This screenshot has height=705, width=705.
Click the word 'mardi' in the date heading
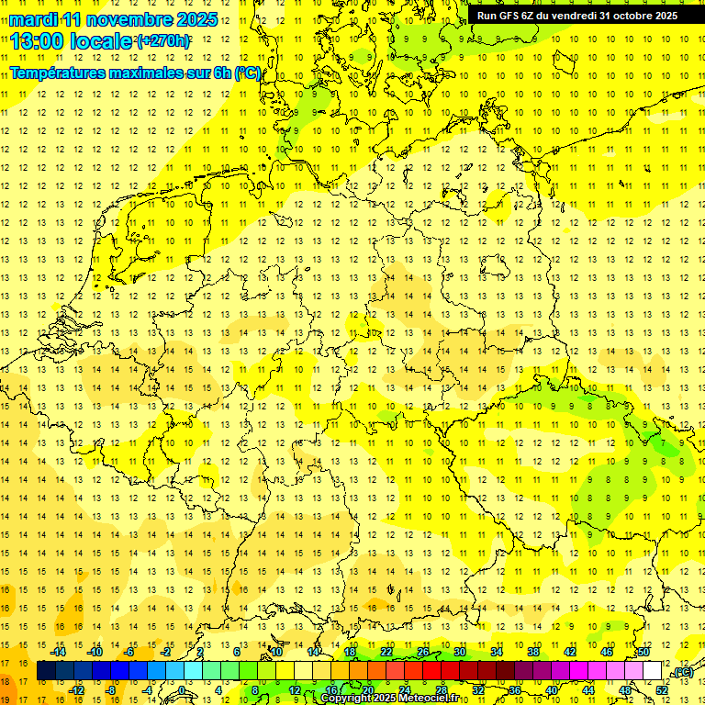pyautogui.click(x=37, y=19)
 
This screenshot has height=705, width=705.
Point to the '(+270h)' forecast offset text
pyautogui.click(x=163, y=40)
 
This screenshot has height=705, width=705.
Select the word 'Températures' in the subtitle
pyautogui.click(x=63, y=72)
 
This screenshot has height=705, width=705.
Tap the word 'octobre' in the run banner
pyautogui.click(x=627, y=16)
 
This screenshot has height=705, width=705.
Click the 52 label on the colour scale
pyautogui.click(x=662, y=689)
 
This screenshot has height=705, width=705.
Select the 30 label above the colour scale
pyautogui.click(x=459, y=652)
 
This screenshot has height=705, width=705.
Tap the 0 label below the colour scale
pyautogui.click(x=182, y=689)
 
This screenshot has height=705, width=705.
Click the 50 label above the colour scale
pyautogui.click(x=643, y=652)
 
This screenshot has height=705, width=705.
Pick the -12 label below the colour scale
pyautogui.click(x=77, y=689)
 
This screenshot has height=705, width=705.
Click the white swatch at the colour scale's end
pyautogui.click(x=652, y=671)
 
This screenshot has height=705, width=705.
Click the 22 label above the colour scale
pyautogui.click(x=386, y=652)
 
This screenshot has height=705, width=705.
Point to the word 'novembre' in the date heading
pyautogui.click(x=121, y=19)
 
